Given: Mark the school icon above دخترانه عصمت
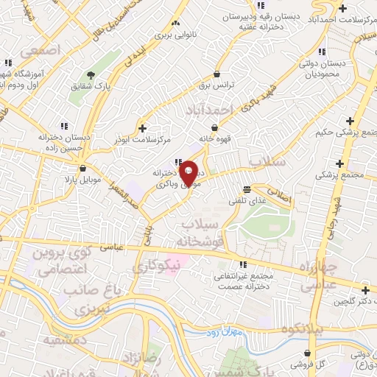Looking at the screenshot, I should [x=242, y=265].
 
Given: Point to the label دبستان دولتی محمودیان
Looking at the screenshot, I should [x=335, y=68].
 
